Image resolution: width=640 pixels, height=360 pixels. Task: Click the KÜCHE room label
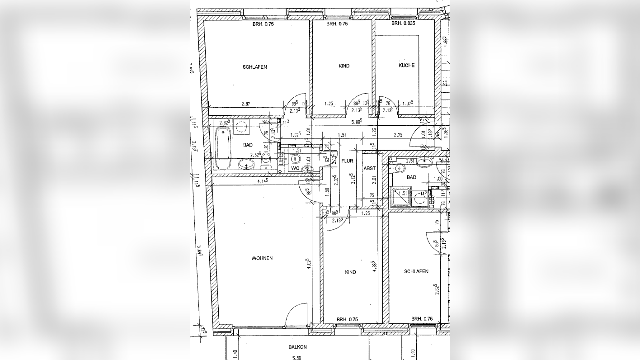(x=406, y=65)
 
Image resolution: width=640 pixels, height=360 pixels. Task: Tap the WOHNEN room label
(x=262, y=258)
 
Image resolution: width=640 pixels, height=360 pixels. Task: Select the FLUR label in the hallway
(x=347, y=161)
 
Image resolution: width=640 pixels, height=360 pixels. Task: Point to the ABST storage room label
(x=370, y=168)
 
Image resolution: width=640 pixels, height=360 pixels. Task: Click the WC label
(x=295, y=168)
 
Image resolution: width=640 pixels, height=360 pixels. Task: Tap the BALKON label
(x=298, y=347)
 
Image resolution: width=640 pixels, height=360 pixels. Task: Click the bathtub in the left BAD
(x=222, y=147)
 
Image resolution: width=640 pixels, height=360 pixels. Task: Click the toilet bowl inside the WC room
(x=296, y=159)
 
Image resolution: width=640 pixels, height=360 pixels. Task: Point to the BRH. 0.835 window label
(x=403, y=24)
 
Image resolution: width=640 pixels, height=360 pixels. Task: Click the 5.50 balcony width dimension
(x=296, y=357)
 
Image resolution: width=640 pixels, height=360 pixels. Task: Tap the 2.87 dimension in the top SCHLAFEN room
(x=245, y=104)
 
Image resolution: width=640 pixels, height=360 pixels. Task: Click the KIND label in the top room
(x=344, y=66)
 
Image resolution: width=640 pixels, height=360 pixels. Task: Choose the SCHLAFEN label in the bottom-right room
(x=416, y=271)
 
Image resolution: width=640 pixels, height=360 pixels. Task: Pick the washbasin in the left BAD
(x=246, y=164)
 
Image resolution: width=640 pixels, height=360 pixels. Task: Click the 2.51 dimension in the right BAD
(x=410, y=161)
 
